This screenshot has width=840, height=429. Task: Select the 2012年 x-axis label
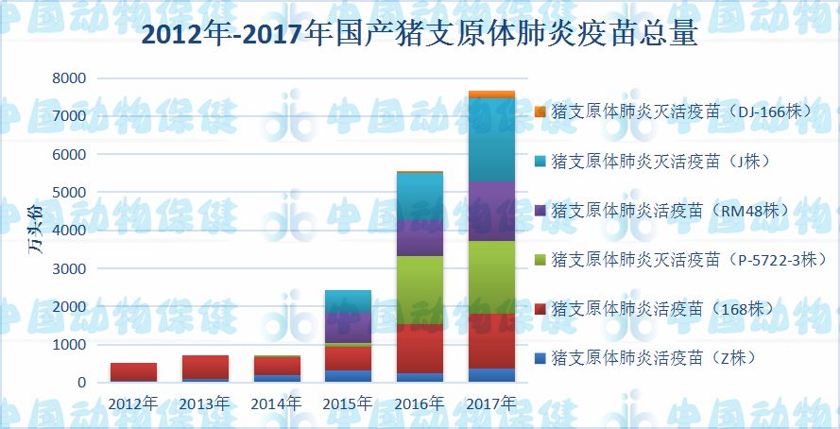pyautogui.click(x=132, y=403)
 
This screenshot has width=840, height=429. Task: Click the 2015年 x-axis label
pyautogui.click(x=348, y=403)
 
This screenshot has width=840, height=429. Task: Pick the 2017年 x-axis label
pyautogui.click(x=491, y=403)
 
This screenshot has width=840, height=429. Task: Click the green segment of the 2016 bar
pyautogui.click(x=420, y=290)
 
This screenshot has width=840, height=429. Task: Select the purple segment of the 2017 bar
pyautogui.click(x=491, y=211)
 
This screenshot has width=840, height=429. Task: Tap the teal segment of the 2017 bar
pyautogui.click(x=491, y=139)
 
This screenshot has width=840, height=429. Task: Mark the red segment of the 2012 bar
pyautogui.click(x=133, y=371)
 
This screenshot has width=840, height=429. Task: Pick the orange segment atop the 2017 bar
pyautogui.click(x=491, y=94)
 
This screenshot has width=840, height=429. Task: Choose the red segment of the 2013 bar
pyautogui.click(x=205, y=367)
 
